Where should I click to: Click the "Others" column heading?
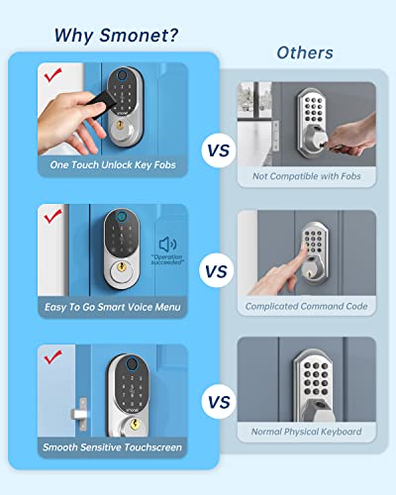(305, 52)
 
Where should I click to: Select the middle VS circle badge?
(219, 269)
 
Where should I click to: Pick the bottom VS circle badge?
(219, 402)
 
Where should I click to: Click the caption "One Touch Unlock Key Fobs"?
(113, 164)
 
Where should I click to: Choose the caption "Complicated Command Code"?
(306, 306)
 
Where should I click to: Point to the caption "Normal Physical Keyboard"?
(306, 432)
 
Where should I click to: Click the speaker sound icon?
(166, 244)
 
